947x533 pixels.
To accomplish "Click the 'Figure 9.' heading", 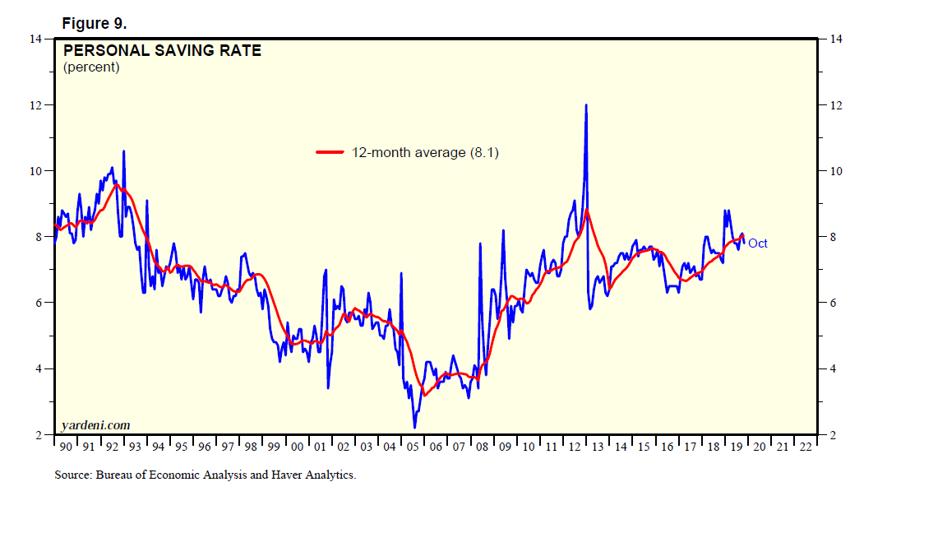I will click(x=94, y=23).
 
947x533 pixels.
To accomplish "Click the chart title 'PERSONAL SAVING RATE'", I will click(x=162, y=50).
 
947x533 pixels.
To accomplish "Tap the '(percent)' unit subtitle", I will click(x=91, y=67).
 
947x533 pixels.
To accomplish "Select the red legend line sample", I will click(x=330, y=152).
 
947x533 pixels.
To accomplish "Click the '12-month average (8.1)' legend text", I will click(x=425, y=152).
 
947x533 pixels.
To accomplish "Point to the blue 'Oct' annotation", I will click(x=757, y=243).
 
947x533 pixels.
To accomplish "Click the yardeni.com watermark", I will click(x=95, y=425).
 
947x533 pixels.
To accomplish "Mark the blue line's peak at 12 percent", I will click(x=586, y=105).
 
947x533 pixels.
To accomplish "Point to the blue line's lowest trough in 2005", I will click(x=415, y=427).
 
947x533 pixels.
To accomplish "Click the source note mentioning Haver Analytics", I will click(x=205, y=475).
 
